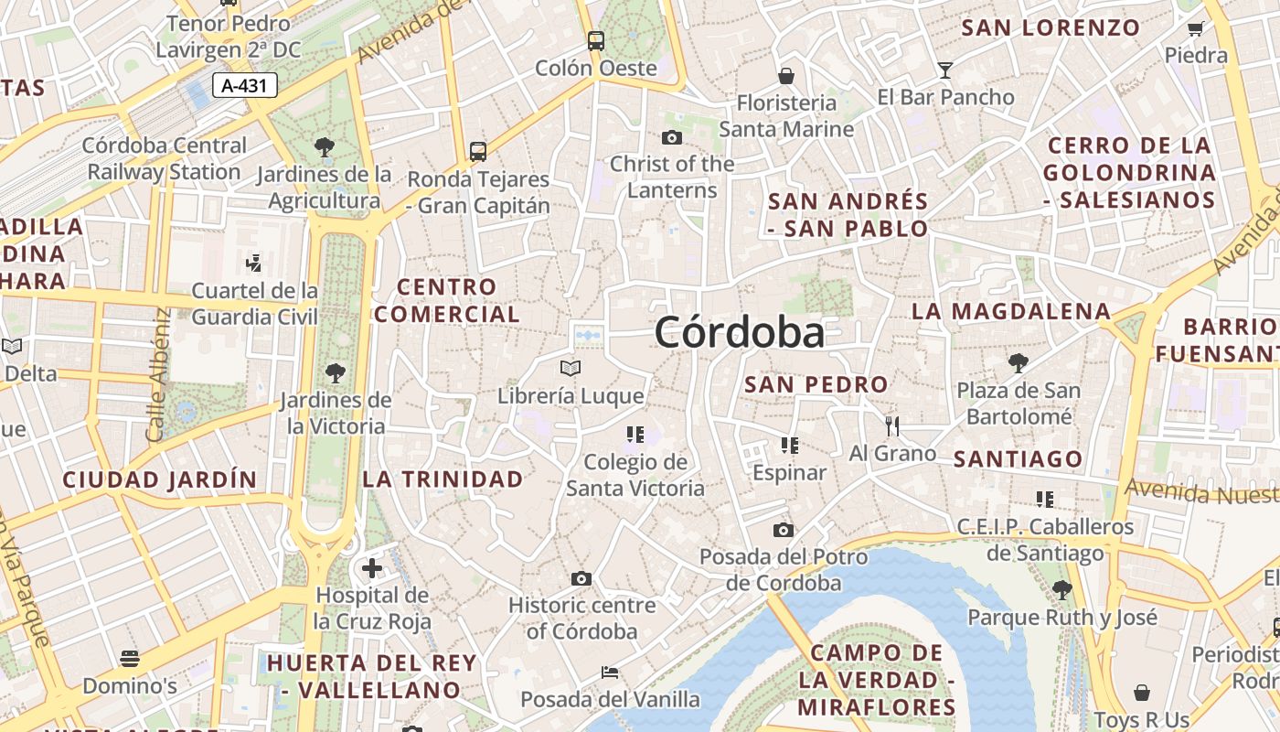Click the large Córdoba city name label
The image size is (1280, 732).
(x=739, y=332)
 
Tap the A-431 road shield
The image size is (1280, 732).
(x=244, y=86)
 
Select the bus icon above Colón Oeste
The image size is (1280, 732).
(x=595, y=40)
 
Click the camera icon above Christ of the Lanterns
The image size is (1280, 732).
(x=672, y=137)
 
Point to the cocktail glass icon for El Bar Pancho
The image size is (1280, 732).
(x=944, y=70)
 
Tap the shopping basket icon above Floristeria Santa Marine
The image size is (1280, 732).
(x=785, y=75)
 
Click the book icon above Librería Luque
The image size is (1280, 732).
(x=571, y=368)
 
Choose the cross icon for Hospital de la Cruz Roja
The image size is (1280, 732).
(x=371, y=568)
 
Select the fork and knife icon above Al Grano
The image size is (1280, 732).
(x=892, y=425)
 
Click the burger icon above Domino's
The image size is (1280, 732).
(x=130, y=659)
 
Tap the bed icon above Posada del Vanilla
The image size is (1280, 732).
(x=610, y=673)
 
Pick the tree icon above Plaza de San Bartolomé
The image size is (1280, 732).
(x=1018, y=363)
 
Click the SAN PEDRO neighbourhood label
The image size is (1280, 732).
(x=816, y=384)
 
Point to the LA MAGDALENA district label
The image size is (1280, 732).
(x=1011, y=311)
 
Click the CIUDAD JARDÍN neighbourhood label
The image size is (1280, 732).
(x=160, y=479)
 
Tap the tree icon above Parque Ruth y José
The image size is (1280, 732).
(x=1061, y=589)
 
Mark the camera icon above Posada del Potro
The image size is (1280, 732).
(x=783, y=530)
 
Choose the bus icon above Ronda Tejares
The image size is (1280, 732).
(x=477, y=151)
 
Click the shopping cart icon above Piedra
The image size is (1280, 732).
(x=1195, y=28)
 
